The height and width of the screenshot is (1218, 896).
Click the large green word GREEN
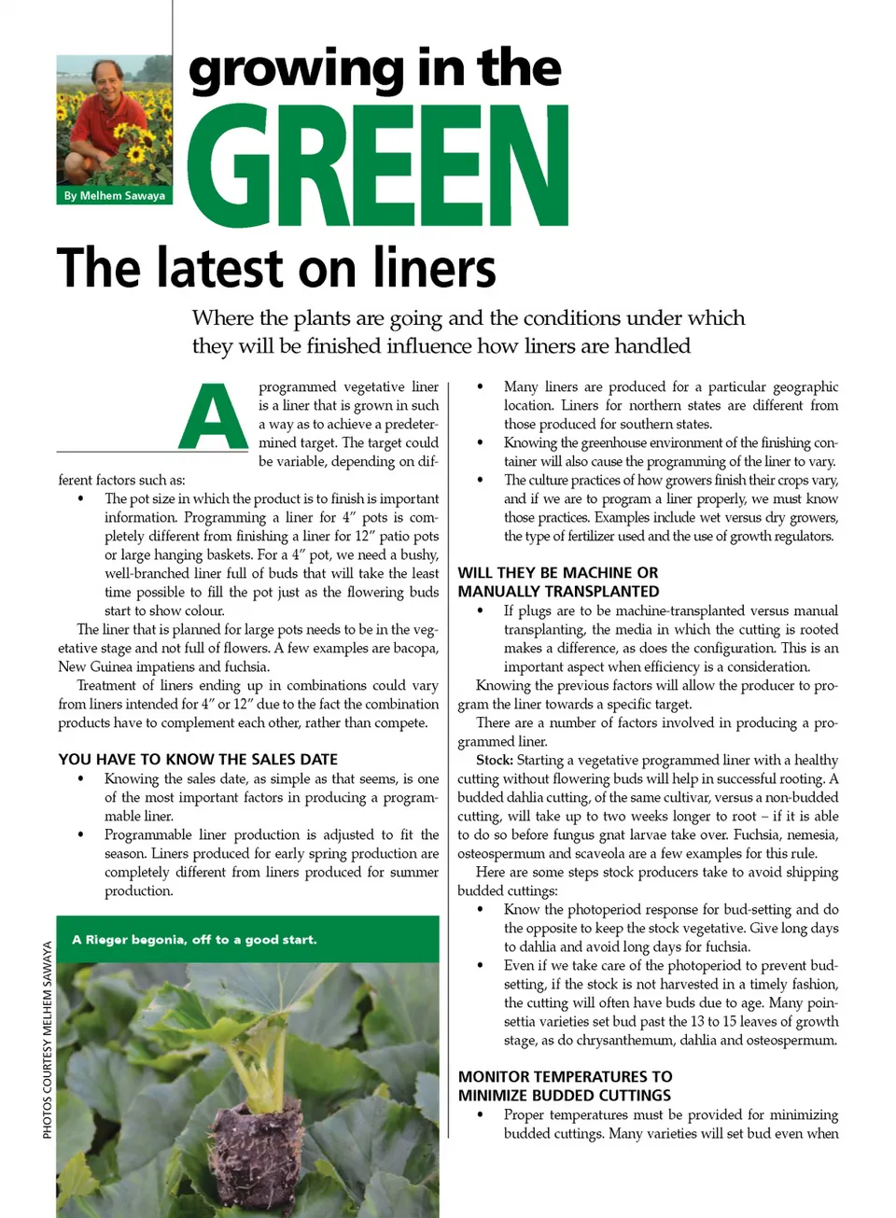tap(378, 166)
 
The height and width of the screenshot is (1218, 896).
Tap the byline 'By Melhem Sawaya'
tap(115, 196)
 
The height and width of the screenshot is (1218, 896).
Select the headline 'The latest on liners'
tap(276, 269)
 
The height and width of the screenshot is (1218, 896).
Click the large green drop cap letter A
tap(214, 417)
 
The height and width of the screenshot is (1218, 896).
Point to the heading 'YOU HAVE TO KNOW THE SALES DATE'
tap(198, 760)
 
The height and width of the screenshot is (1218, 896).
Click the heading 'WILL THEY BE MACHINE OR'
tap(557, 573)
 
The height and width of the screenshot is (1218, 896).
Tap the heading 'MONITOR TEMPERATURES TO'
tap(565, 1077)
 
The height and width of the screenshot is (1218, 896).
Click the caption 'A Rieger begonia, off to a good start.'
tap(194, 940)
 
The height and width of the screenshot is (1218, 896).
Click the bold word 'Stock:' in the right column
tap(494, 761)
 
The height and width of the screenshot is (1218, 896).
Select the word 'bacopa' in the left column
tap(415, 649)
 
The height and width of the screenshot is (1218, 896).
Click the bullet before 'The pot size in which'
tap(81, 499)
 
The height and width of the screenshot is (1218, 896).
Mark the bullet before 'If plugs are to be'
tap(481, 611)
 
